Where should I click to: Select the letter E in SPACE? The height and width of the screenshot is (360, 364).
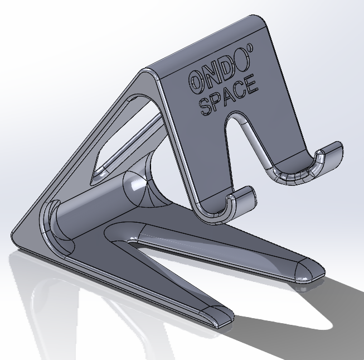(x=251, y=85)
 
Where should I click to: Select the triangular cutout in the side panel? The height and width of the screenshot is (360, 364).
(x=120, y=137)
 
